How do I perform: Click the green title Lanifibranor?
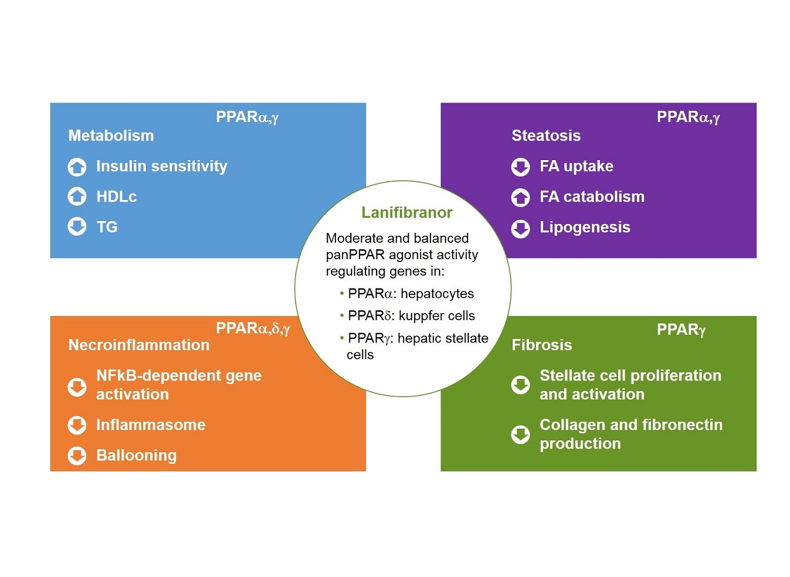click(x=406, y=213)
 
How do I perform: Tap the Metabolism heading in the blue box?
click(x=111, y=135)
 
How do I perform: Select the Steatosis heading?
click(x=546, y=135)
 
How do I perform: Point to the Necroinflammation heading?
click(x=139, y=345)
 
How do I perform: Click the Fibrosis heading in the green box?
click(x=542, y=345)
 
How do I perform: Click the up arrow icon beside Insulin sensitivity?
click(x=77, y=167)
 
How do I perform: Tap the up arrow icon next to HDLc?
click(x=77, y=196)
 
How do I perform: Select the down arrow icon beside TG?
click(x=77, y=226)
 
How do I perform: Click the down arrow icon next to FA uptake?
click(x=520, y=167)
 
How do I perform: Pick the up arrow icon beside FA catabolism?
click(x=520, y=197)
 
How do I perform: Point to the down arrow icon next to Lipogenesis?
click(x=520, y=229)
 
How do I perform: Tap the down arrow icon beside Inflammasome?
click(x=77, y=425)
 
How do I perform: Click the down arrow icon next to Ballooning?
click(x=77, y=456)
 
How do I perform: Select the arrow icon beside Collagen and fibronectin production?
click(x=520, y=435)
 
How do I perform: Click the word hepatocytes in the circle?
click(x=438, y=294)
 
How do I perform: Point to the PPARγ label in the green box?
click(x=681, y=330)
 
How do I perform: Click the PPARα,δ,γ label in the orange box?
click(x=253, y=328)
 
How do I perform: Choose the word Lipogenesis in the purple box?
click(x=585, y=228)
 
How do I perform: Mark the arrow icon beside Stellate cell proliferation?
click(x=520, y=385)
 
